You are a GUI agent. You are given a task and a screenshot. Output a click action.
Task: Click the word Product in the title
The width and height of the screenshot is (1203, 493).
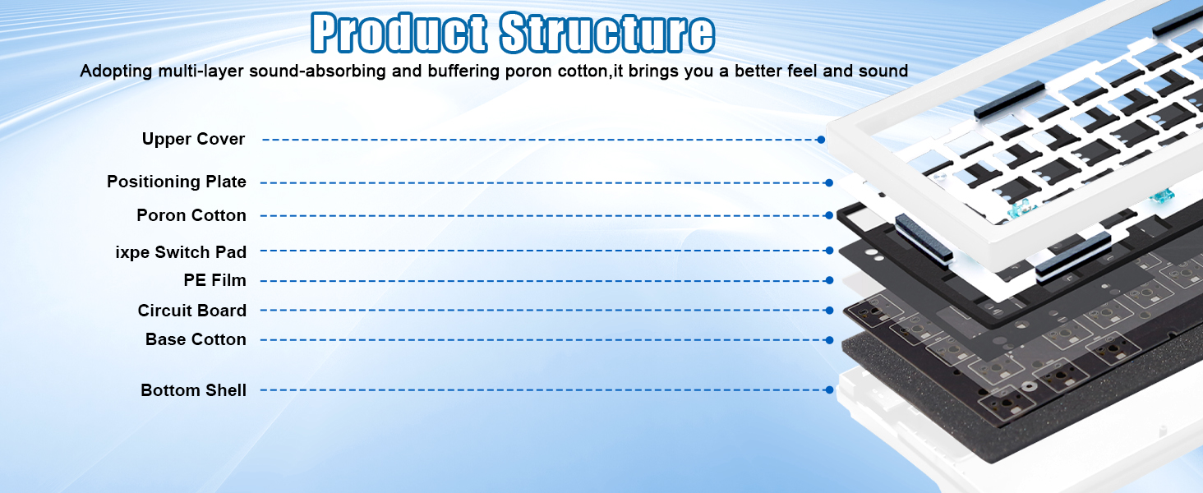pos(399,33)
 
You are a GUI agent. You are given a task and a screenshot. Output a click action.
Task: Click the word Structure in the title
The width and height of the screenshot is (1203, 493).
pos(607,33)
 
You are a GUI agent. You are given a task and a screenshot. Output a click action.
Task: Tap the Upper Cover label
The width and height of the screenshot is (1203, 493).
pos(193,139)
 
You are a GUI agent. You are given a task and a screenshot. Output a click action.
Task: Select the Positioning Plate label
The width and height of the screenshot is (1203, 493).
pos(176,182)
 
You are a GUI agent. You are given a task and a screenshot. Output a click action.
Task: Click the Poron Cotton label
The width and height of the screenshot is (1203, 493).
pos(191,215)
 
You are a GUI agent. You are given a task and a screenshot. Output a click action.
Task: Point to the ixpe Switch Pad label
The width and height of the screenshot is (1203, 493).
pos(181,252)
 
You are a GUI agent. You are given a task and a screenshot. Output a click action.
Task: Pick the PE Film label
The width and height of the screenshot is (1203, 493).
pos(214,280)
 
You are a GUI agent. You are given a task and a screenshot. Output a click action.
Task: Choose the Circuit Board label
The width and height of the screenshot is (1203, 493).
pos(191,311)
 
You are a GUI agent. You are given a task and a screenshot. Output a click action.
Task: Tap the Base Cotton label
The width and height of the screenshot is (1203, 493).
pos(196,339)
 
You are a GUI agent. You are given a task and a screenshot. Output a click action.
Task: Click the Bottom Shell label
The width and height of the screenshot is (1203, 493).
pos(193,390)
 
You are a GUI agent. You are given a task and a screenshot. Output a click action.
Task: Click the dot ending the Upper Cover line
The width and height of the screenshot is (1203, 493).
pos(821,140)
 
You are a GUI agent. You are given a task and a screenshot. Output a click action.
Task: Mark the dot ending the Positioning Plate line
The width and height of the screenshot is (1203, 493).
pos(829,183)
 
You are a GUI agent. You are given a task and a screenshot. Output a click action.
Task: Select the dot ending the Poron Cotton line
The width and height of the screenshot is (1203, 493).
pos(829,215)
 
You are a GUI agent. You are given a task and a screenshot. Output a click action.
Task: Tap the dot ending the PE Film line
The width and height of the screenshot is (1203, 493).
pos(829,280)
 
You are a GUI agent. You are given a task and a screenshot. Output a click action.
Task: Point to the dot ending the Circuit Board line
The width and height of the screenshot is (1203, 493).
pos(829,311)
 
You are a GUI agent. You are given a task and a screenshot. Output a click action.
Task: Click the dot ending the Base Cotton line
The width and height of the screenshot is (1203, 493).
pos(829,340)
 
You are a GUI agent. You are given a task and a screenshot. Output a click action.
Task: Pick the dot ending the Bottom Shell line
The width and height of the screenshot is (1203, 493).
pos(829,390)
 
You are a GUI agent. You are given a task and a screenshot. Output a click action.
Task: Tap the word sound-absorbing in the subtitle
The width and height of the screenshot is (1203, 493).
pos(317,71)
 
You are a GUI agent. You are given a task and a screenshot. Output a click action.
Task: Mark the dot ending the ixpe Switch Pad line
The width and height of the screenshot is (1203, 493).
pos(829,251)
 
